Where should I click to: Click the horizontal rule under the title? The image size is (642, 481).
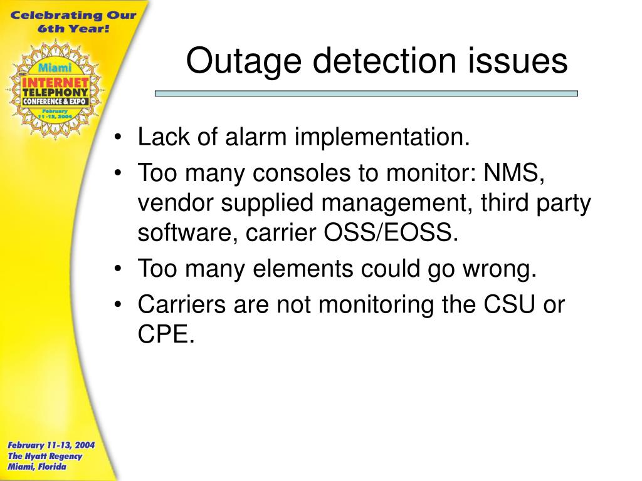(x=366, y=93)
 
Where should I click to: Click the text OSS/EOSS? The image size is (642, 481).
(x=389, y=233)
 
